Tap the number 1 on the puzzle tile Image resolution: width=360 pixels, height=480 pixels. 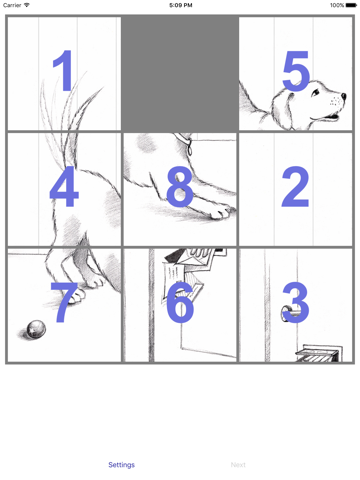[x=64, y=70]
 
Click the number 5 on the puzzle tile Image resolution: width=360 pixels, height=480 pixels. [x=296, y=71]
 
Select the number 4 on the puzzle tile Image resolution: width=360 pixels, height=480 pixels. [x=64, y=186]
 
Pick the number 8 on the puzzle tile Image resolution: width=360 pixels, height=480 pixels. [x=180, y=186]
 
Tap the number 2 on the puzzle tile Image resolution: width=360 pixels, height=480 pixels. [x=295, y=186]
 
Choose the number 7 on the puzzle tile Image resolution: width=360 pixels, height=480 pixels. [x=64, y=302]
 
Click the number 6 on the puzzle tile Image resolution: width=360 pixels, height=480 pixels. [x=180, y=302]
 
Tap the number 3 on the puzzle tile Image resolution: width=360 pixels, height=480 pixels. [x=296, y=302]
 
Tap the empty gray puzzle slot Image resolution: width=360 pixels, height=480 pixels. [x=180, y=73]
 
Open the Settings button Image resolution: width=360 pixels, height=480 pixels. [x=122, y=465]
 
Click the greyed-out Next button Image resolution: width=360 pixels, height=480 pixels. [x=238, y=465]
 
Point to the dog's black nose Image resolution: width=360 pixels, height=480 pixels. [x=343, y=96]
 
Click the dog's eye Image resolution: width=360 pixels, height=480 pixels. [x=315, y=93]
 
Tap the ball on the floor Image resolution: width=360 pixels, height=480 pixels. [x=36, y=330]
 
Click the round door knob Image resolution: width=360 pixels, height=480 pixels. [x=286, y=314]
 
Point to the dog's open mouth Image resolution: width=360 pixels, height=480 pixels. [x=330, y=117]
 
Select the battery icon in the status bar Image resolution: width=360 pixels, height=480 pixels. [x=351, y=5]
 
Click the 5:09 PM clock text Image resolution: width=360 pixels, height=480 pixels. [x=180, y=5]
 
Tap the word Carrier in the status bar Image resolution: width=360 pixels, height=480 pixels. [x=12, y=5]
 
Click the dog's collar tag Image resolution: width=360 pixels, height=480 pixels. [x=190, y=149]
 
